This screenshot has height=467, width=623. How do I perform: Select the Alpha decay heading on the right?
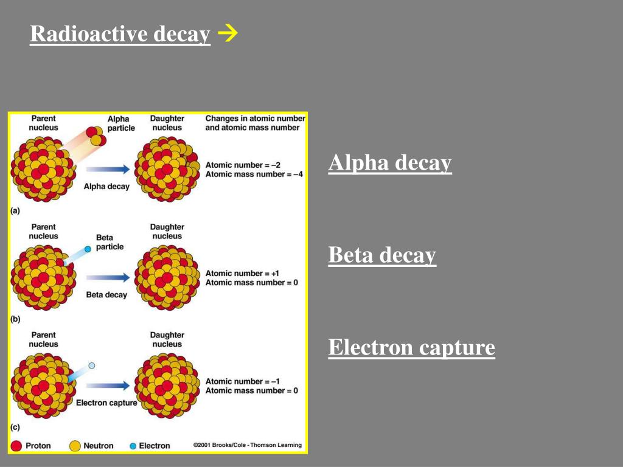(390, 163)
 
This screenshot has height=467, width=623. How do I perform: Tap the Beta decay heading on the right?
(382, 255)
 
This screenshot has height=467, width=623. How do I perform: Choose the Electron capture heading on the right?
(411, 348)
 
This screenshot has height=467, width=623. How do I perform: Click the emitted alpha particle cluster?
(96, 136)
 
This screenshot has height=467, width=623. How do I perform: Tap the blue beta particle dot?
(88, 249)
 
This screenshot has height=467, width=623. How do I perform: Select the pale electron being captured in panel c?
(92, 365)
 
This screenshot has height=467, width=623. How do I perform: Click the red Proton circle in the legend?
(17, 446)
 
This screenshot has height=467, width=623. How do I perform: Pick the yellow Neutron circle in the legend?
(75, 446)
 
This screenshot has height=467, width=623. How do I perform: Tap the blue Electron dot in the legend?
(133, 446)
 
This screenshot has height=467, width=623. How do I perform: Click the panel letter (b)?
(16, 319)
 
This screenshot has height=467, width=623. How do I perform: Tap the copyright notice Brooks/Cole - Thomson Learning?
(247, 445)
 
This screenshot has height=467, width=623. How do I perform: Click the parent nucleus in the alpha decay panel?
(43, 167)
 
